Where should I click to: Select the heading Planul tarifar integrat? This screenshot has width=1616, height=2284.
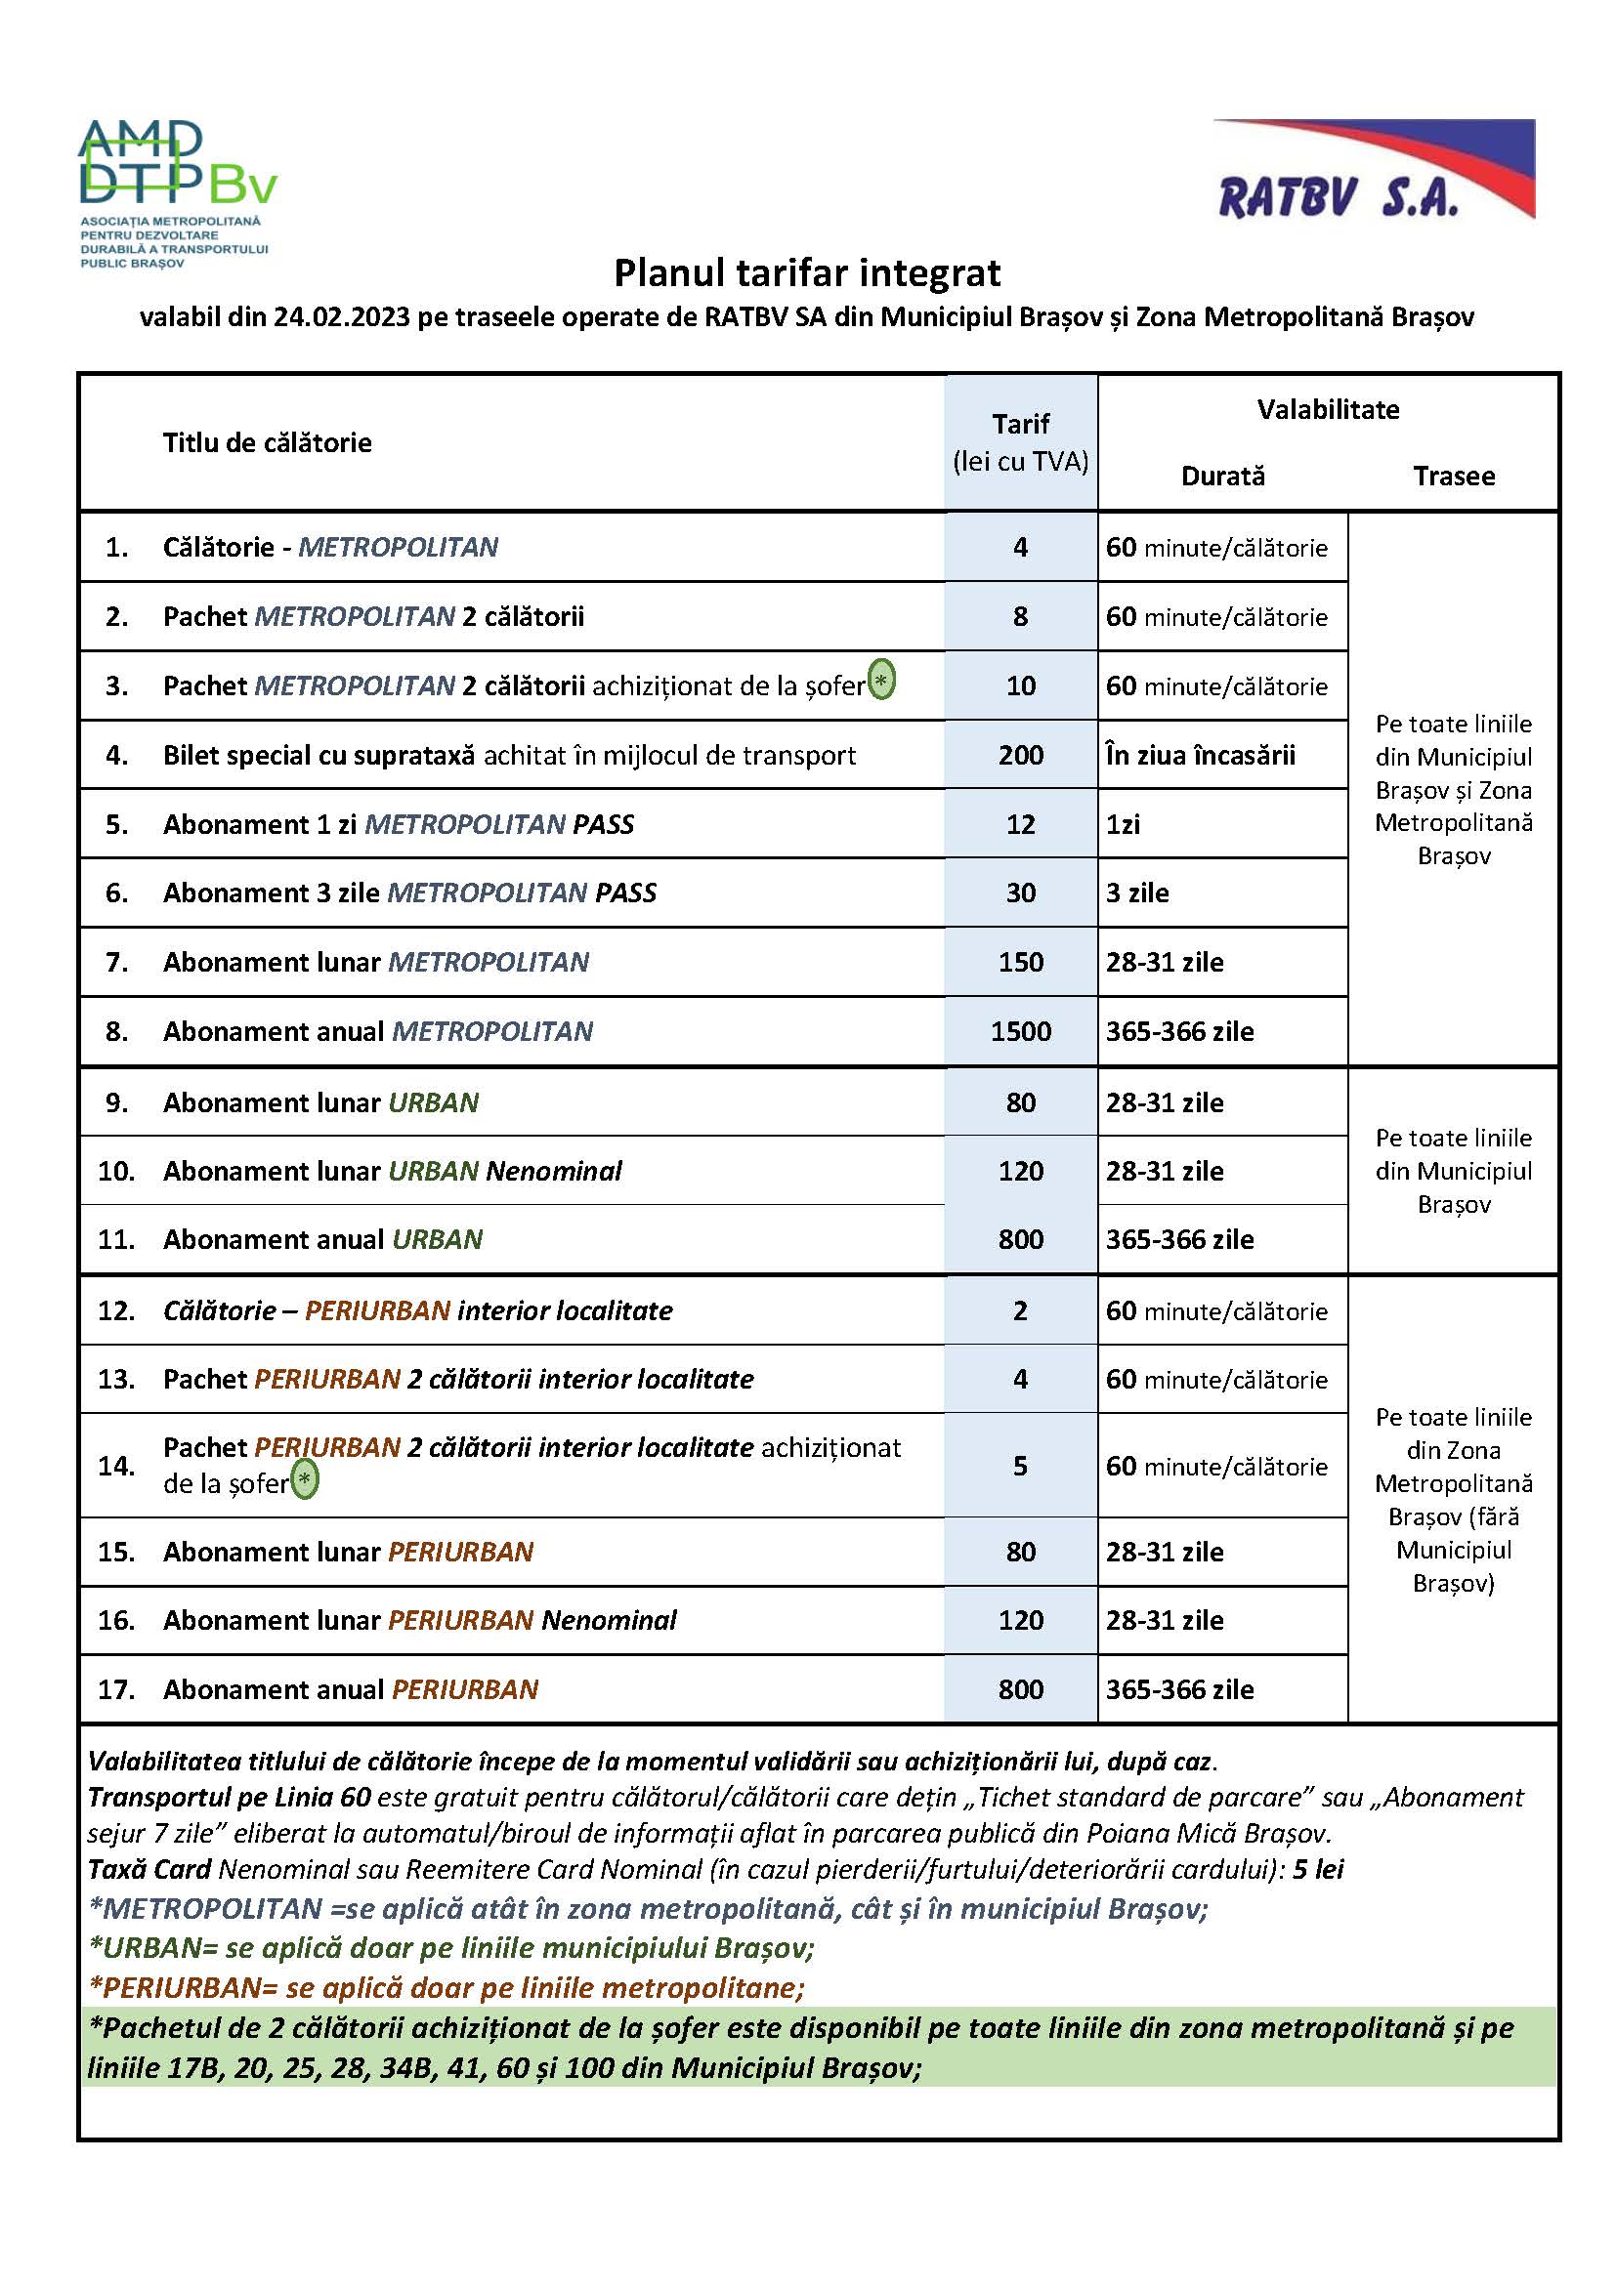[807, 272]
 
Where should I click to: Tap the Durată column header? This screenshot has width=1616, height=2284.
[1223, 477]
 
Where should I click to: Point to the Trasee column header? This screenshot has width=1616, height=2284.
[1454, 477]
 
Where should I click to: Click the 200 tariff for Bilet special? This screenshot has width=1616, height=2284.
[1021, 755]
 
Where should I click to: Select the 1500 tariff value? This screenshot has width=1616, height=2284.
[1021, 1031]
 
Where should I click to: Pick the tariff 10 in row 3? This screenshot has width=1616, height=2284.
[1021, 686]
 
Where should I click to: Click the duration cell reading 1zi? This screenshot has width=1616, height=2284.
[1124, 825]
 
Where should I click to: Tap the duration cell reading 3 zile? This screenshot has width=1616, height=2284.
[1137, 893]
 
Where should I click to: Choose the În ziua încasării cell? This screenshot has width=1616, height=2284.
[1200, 756]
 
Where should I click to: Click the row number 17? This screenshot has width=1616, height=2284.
[116, 1689]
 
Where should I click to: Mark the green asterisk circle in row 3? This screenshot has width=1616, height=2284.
[881, 681]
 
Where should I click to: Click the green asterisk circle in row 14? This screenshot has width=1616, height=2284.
[306, 1479]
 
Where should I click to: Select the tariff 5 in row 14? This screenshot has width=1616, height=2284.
[1021, 1466]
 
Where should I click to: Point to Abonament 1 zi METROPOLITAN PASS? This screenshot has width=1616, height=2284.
[398, 825]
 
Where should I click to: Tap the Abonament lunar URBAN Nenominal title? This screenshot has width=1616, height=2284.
[392, 1171]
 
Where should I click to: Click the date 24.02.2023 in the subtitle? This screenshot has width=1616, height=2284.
[341, 317]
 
